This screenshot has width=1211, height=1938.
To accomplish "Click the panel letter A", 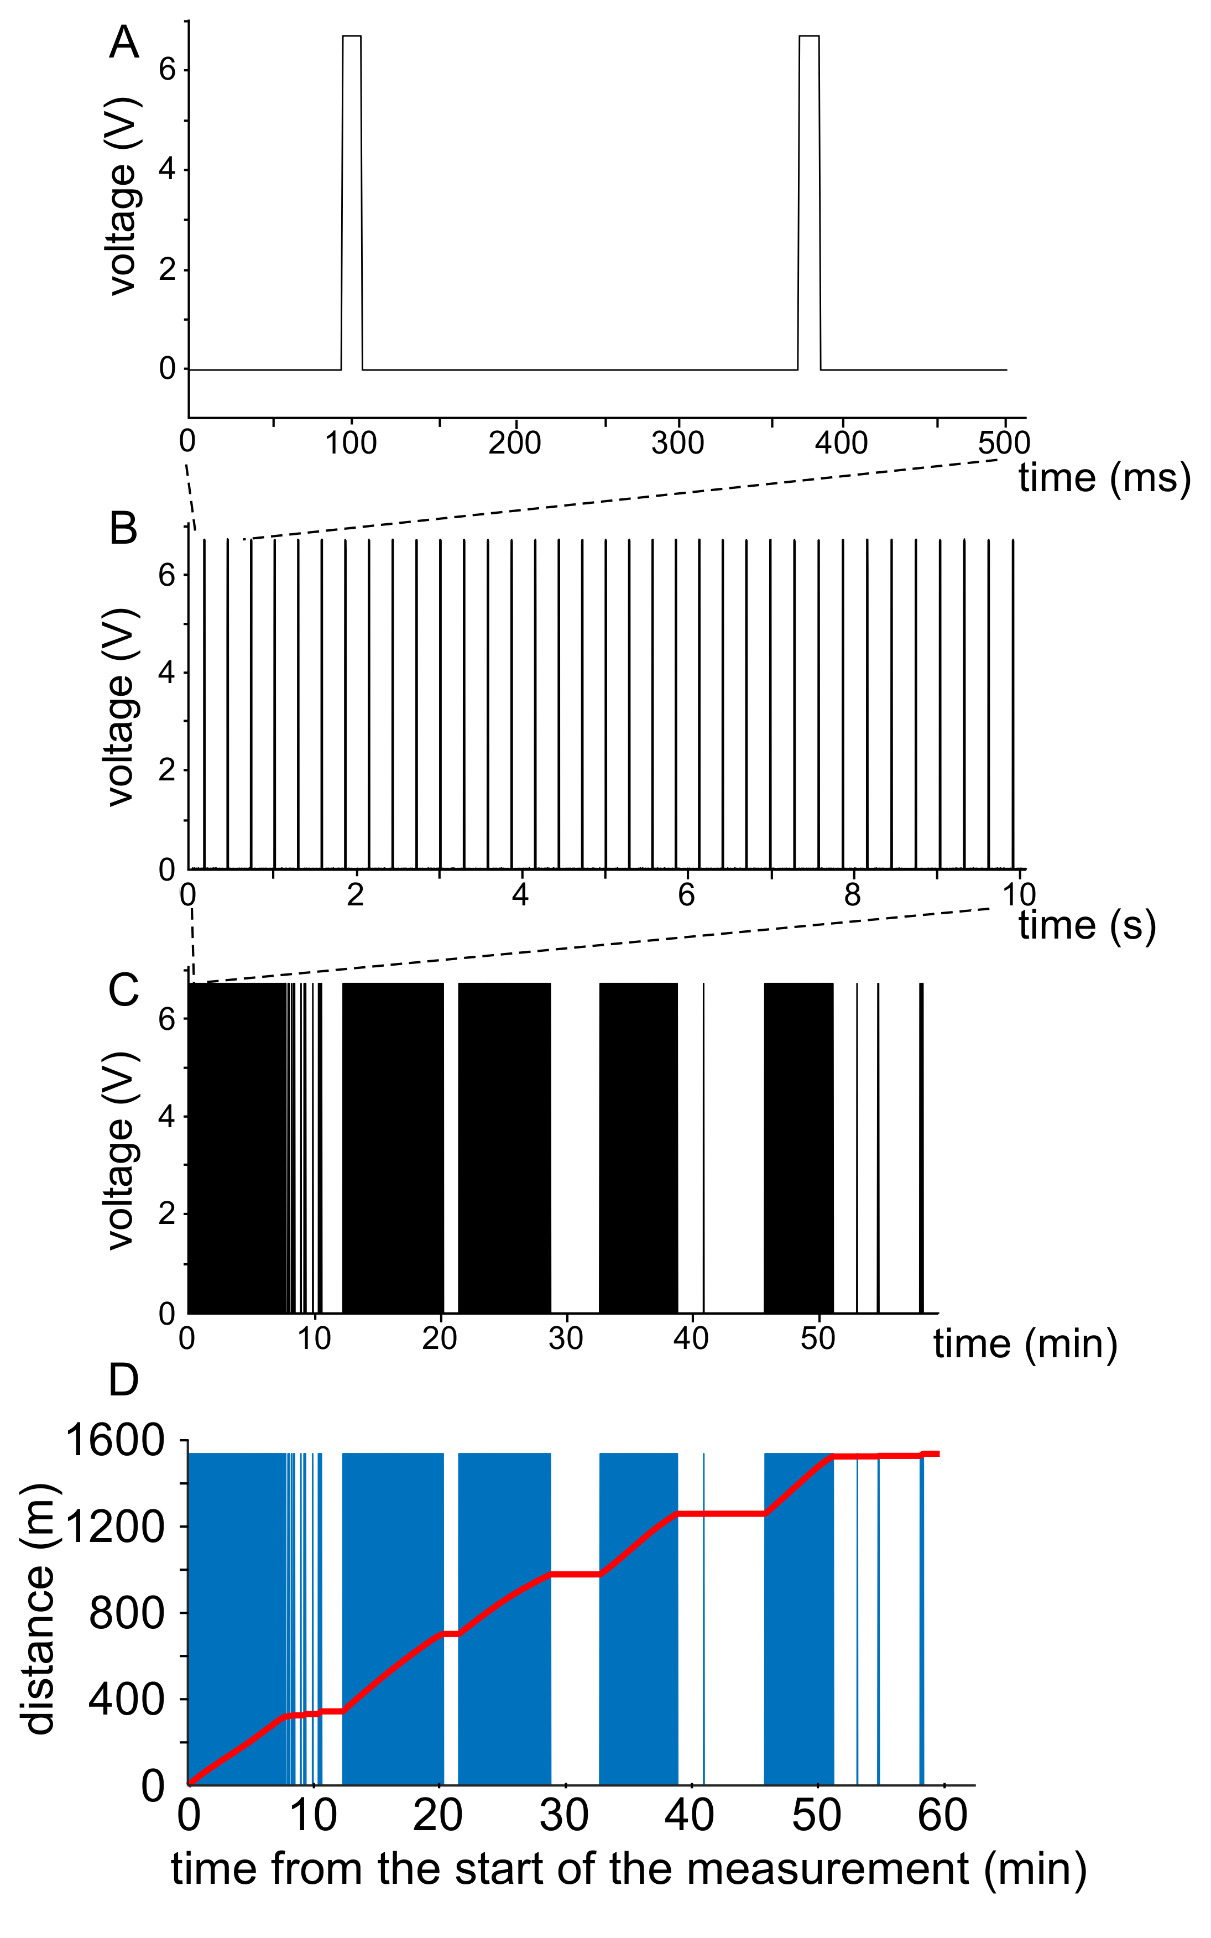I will coord(124,43).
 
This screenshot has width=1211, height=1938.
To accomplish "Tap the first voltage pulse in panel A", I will coord(352,200).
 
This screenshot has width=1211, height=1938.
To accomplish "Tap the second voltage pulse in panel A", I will coord(809,200).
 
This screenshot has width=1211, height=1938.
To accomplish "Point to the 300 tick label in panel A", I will coord(677,443).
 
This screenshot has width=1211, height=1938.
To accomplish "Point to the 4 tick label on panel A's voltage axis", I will coord(166,170).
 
